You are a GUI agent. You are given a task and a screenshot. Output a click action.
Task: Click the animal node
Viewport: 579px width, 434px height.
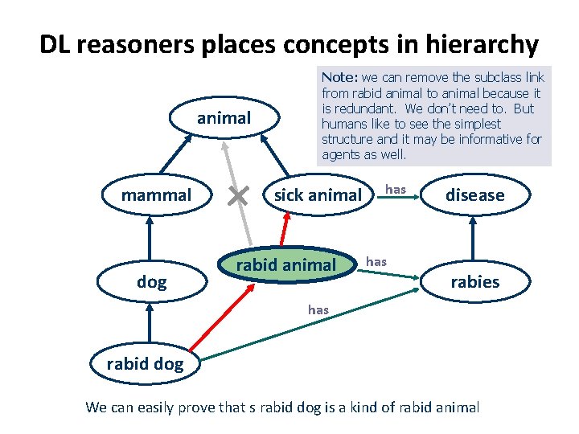click(224, 118)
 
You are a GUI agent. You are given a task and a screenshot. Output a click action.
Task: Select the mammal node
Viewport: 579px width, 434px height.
click(156, 195)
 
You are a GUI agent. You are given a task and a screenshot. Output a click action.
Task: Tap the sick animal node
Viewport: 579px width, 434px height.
click(318, 195)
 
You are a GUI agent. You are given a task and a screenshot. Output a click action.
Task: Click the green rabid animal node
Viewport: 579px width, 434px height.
click(285, 265)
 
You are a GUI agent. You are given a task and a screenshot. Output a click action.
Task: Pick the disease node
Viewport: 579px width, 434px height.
click(474, 195)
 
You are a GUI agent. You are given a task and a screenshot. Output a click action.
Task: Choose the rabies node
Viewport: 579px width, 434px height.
click(474, 282)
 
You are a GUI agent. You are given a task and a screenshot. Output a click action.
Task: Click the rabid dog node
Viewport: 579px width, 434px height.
click(145, 364)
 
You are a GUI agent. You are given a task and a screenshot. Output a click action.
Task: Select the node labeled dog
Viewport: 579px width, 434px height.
click(151, 282)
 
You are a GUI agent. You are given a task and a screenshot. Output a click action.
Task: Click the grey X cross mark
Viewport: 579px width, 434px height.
click(236, 195)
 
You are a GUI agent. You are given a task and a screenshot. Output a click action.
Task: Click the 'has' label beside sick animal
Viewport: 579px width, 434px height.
click(395, 189)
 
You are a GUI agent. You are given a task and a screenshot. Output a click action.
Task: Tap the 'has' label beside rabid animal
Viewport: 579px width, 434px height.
click(376, 261)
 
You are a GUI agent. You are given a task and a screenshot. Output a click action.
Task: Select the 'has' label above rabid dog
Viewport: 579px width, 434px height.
click(318, 310)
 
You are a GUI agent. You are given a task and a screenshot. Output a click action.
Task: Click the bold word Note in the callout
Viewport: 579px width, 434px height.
click(339, 78)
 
